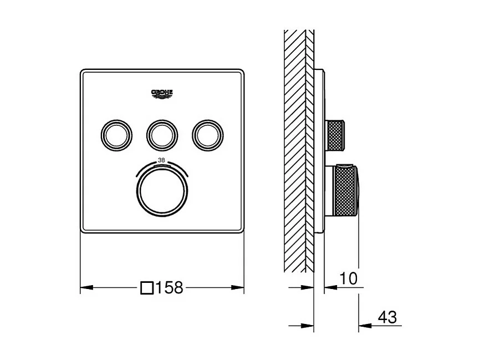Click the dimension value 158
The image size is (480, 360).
tap(168, 288)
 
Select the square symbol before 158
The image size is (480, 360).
tap(147, 288)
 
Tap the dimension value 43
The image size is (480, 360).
tap(387, 317)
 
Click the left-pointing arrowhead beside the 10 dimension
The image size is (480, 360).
tap(328, 287)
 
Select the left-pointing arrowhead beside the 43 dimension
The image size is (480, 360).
tap(364, 326)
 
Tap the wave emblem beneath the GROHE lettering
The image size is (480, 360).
tap(162, 97)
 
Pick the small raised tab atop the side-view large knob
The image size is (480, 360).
tap(345, 166)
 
